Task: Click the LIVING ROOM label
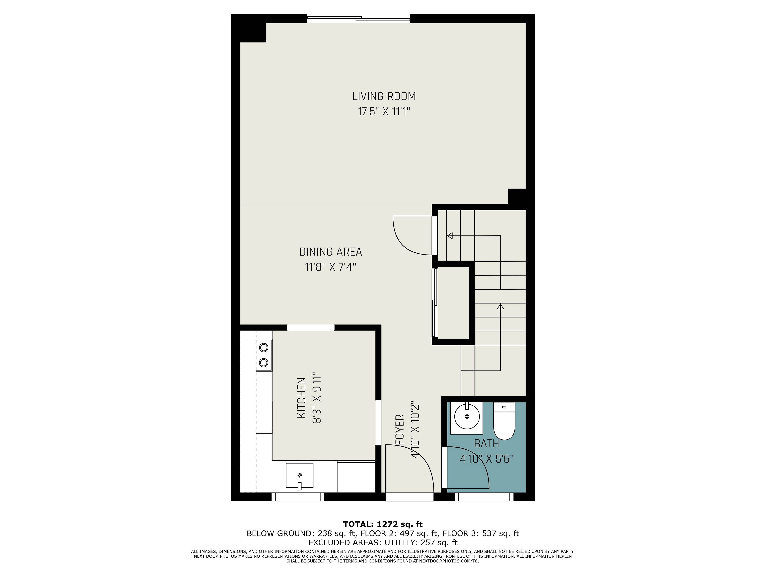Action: pos(384,96)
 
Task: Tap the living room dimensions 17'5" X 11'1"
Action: pos(384,112)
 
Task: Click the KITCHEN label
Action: pos(302,398)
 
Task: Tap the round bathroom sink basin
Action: pos(467,417)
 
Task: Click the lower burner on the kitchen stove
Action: pos(264,362)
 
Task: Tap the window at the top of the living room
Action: pos(358,19)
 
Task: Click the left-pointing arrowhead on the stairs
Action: pos(450,236)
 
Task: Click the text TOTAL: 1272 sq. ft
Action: pos(383,524)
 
